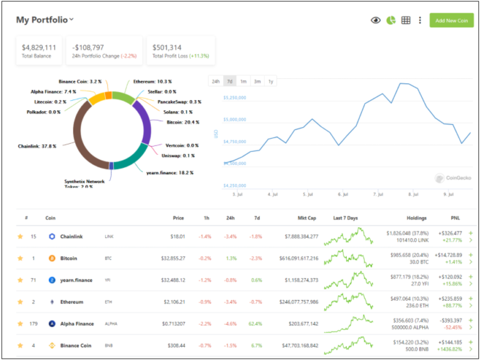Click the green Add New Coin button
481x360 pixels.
click(x=451, y=21)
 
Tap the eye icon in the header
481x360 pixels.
click(x=376, y=20)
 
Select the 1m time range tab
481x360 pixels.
click(x=243, y=81)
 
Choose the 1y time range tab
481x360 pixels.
click(x=271, y=81)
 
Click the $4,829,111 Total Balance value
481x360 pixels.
click(x=39, y=47)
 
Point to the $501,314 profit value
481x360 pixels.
click(x=167, y=47)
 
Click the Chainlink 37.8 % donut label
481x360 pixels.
click(x=37, y=146)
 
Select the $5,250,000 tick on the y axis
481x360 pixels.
click(x=235, y=98)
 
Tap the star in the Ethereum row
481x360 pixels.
click(x=20, y=302)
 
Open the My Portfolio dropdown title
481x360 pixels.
click(x=44, y=20)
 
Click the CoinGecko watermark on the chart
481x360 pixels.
click(x=453, y=178)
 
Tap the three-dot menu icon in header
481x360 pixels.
click(x=420, y=20)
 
